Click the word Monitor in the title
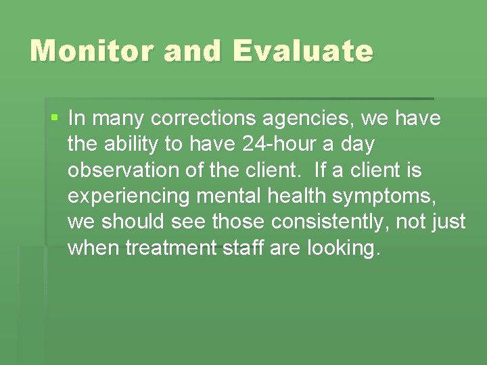pyautogui.click(x=85, y=51)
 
